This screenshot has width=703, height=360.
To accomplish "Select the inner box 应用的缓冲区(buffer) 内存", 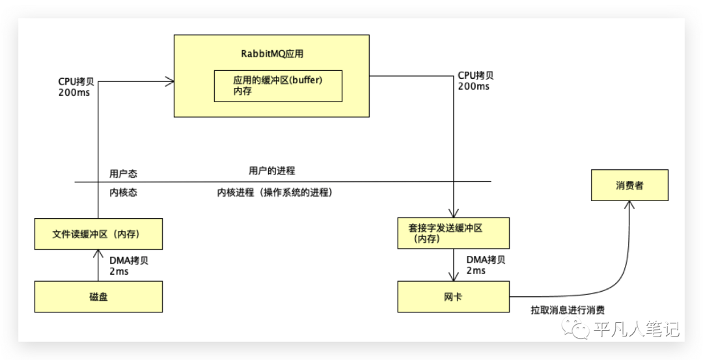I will pyautogui.click(x=278, y=86).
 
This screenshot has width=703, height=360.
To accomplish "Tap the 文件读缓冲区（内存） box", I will pyautogui.click(x=98, y=234).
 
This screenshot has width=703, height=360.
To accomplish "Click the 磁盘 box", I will pyautogui.click(x=98, y=297).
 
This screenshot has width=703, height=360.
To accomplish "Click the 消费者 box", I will pyautogui.click(x=629, y=186).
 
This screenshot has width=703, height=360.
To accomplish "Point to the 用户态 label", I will pyautogui.click(x=123, y=174).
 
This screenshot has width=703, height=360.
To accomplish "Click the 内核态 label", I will pyautogui.click(x=123, y=193).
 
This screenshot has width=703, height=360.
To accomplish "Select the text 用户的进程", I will pyautogui.click(x=271, y=171).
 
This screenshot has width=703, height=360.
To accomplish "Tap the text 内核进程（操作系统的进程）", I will pyautogui.click(x=275, y=193).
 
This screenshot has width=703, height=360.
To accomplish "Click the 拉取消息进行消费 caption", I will pyautogui.click(x=572, y=310).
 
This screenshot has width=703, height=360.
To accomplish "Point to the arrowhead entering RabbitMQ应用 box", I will pyautogui.click(x=170, y=81).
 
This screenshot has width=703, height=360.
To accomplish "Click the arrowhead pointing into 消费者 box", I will pyautogui.click(x=629, y=204).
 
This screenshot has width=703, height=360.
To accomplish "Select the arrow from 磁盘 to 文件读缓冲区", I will pyautogui.click(x=98, y=266).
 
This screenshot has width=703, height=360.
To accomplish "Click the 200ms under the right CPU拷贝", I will pyautogui.click(x=473, y=87).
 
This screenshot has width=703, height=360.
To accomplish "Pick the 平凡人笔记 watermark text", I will pyautogui.click(x=637, y=330).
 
